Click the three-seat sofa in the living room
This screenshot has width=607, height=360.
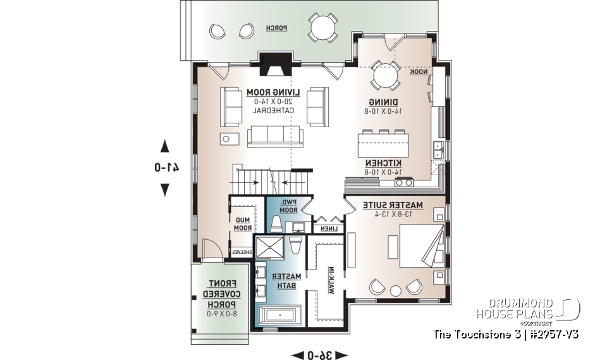(x=275, y=135)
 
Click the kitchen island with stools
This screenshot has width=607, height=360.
(x=383, y=144)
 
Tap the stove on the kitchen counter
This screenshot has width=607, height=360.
(x=404, y=183)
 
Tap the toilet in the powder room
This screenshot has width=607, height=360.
(x=276, y=223)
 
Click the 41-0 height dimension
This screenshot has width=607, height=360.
(x=165, y=168)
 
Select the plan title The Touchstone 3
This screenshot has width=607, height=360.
(x=506, y=333)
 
